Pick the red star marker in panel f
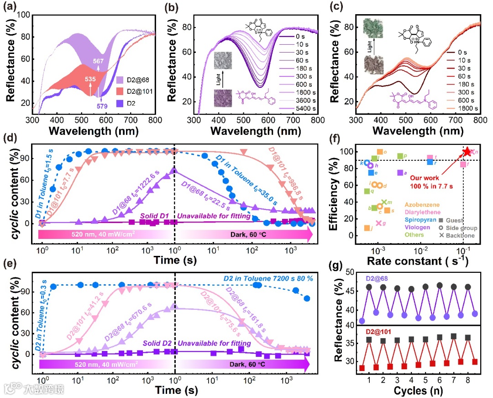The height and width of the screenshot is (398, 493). click(x=467, y=152)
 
